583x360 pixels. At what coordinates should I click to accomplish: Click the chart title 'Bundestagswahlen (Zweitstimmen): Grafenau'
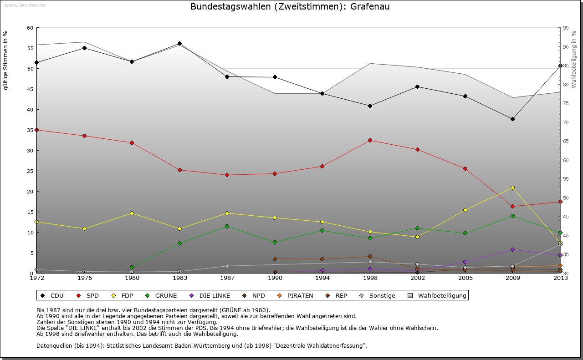point(290,7)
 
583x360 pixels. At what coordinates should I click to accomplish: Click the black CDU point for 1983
point(179,44)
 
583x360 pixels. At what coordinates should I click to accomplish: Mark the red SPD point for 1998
point(370,140)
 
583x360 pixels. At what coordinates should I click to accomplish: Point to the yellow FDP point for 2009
point(512,188)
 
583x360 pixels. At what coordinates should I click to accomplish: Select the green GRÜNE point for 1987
point(227,226)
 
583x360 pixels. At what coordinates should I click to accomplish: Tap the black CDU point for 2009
point(512,119)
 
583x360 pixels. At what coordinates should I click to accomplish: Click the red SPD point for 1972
point(36,130)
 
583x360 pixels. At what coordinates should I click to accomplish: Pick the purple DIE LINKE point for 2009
point(512,249)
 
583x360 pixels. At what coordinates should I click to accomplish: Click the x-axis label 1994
point(322,278)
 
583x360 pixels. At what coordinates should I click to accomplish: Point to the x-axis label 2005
point(465,278)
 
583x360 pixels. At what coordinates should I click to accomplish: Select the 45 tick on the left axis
point(30,89)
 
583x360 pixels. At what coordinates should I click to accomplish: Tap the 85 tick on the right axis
point(566,66)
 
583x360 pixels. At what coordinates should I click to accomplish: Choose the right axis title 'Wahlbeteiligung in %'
point(574,60)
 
